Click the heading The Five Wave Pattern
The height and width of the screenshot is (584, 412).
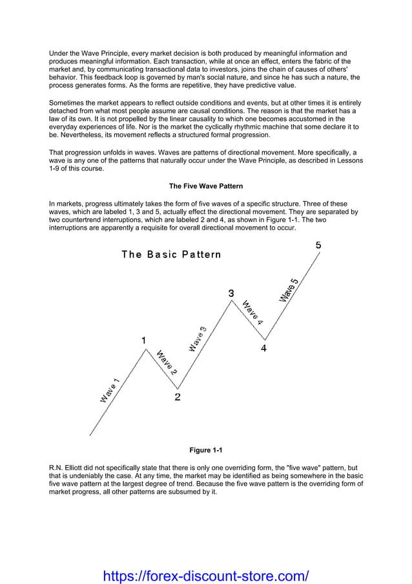(205, 186)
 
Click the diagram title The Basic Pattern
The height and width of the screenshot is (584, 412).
(171, 254)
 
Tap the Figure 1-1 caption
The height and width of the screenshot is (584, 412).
(205, 450)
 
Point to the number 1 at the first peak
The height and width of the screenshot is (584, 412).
(143, 340)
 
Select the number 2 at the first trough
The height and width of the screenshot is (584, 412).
(178, 397)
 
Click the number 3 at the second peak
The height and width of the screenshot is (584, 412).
(231, 294)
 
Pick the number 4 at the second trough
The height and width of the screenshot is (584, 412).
(263, 348)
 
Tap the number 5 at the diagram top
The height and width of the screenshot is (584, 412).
(318, 246)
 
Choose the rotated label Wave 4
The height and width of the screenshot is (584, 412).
(252, 312)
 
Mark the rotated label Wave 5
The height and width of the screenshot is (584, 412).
(289, 289)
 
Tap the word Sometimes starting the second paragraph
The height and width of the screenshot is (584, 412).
(67, 103)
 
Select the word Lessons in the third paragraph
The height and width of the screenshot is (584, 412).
(349, 160)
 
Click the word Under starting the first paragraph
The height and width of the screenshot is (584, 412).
(59, 53)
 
